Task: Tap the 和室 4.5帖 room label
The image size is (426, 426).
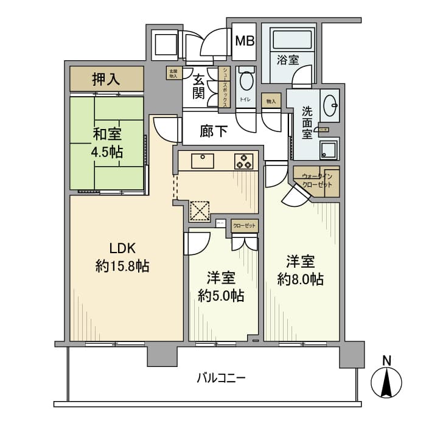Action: coord(107,142)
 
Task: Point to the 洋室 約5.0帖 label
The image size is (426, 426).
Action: coord(221,287)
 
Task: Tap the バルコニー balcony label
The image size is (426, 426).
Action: coord(221,378)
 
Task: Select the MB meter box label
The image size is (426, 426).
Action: coord(245,41)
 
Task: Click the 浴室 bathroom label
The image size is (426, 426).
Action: coord(288,60)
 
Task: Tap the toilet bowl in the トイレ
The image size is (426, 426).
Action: coord(246,80)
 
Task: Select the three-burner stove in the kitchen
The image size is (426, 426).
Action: coord(245,161)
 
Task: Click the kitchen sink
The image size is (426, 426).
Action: coord(202,161)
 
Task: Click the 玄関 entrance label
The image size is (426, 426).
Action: coord(199,86)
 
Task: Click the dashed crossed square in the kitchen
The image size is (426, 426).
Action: coord(200,211)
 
